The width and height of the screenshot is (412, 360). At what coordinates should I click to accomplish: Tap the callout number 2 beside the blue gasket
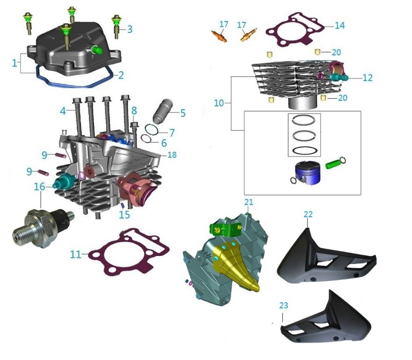(121, 75)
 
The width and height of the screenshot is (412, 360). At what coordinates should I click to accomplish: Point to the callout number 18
(172, 155)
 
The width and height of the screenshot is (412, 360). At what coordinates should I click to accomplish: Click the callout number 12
(368, 77)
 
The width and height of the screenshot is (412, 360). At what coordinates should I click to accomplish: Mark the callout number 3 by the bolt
(130, 29)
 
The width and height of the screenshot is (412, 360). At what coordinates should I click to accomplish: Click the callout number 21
(248, 202)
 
